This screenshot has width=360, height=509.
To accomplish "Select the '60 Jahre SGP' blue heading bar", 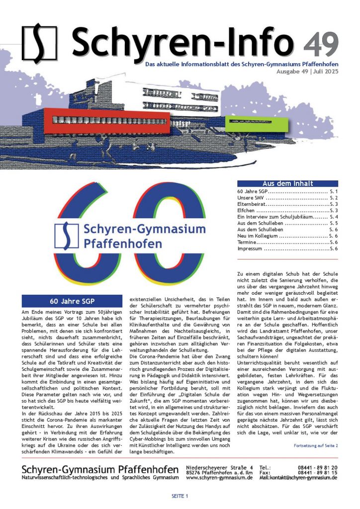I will (x=72, y=301).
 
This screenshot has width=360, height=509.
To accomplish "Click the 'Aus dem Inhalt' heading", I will (x=287, y=183).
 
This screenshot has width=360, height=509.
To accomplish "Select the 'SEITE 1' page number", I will (x=180, y=497).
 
